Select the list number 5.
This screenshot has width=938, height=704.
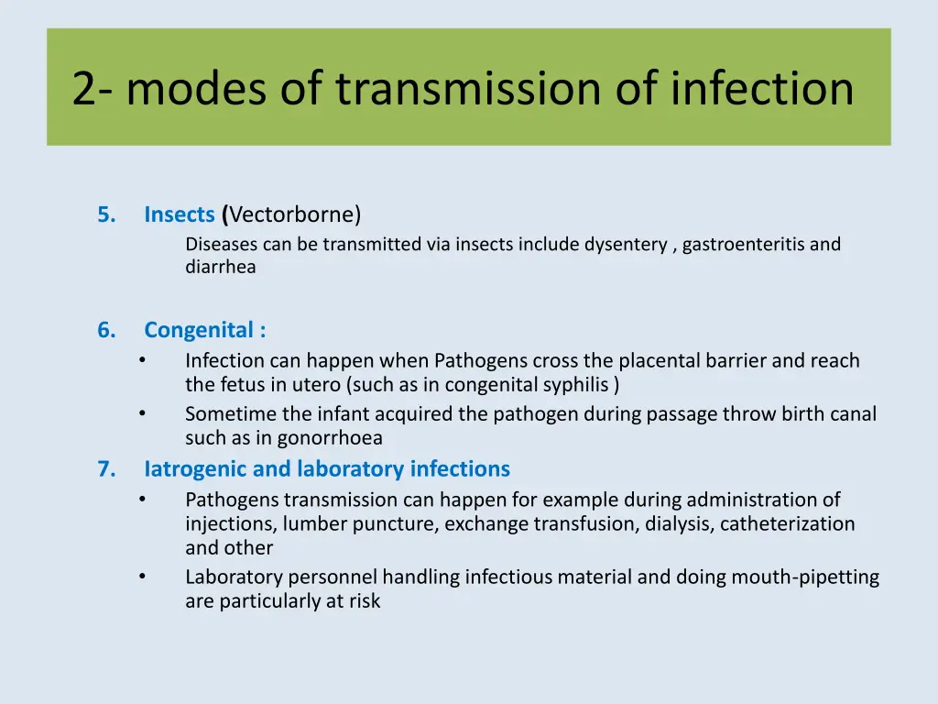[x=106, y=214]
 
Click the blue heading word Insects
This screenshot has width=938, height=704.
[x=179, y=214]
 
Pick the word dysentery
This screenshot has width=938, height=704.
[x=626, y=245]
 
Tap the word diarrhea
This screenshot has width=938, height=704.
[x=220, y=268]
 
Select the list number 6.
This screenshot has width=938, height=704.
[x=106, y=330]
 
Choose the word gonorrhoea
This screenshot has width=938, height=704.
[x=330, y=438]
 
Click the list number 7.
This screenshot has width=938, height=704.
[x=106, y=469]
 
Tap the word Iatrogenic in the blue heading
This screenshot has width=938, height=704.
[x=195, y=469]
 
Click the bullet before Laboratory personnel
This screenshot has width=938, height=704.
[x=143, y=577]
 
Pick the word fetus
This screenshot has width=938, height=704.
[x=245, y=385]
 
